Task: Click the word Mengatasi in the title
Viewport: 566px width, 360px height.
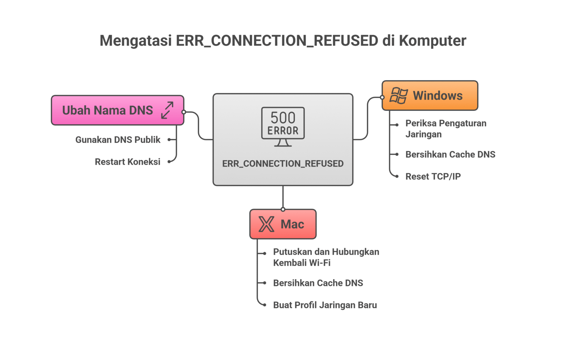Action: [x=136, y=41]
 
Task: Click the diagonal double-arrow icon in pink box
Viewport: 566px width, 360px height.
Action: [x=167, y=110]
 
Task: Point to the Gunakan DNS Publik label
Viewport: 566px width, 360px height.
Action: [x=118, y=140]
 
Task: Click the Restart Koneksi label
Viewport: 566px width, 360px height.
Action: [x=127, y=162]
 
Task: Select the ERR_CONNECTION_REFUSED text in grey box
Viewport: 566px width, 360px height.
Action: [x=283, y=164]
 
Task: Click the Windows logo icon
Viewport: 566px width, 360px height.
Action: [x=399, y=96]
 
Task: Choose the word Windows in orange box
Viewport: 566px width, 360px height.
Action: [x=437, y=96]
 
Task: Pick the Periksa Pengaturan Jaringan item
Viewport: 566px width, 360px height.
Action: [x=446, y=129]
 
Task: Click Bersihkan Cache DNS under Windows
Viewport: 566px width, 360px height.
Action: [x=450, y=154]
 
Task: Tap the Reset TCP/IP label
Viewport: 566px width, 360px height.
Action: [x=433, y=176]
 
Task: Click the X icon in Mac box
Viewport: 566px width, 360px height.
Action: [x=266, y=224]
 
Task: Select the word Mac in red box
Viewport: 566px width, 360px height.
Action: [x=292, y=224]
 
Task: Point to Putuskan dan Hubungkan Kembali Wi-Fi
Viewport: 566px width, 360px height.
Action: [x=326, y=257]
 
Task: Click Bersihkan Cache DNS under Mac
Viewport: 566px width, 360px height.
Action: [x=318, y=283]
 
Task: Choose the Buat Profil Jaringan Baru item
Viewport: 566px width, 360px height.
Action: [x=325, y=305]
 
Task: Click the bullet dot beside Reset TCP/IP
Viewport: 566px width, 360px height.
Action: [x=397, y=176]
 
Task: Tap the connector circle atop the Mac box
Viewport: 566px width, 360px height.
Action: [x=283, y=209]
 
